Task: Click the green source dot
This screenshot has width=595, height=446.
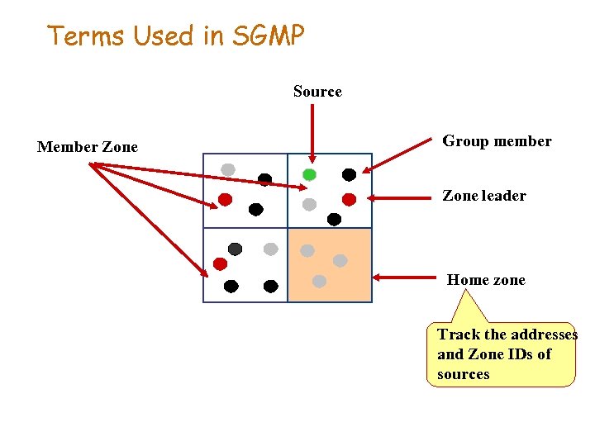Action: pyautogui.click(x=309, y=174)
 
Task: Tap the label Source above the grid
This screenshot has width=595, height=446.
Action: pyautogui.click(x=317, y=92)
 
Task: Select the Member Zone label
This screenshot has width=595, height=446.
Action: pyautogui.click(x=88, y=148)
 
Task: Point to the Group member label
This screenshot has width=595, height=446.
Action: pyautogui.click(x=497, y=141)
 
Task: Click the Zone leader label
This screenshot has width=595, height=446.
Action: pyautogui.click(x=483, y=196)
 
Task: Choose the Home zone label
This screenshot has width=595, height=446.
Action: pyautogui.click(x=486, y=280)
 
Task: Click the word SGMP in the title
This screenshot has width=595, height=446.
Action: pyautogui.click(x=268, y=36)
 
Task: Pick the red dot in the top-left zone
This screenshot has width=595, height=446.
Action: pyautogui.click(x=225, y=199)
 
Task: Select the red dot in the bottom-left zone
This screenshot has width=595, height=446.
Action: pyautogui.click(x=220, y=264)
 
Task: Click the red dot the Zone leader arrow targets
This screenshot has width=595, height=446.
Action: pyautogui.click(x=349, y=199)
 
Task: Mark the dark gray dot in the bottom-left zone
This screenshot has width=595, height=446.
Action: pyautogui.click(x=235, y=249)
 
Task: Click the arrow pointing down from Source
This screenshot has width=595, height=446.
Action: pyautogui.click(x=312, y=132)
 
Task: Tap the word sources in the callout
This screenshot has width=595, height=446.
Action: pyautogui.click(x=463, y=374)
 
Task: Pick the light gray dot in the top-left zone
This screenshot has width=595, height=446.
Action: pyautogui.click(x=228, y=169)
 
